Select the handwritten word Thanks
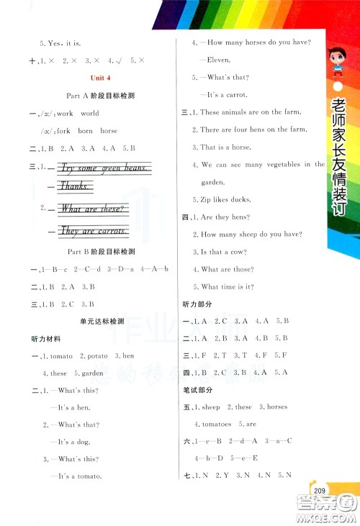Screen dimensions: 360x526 click(x=74, y=186)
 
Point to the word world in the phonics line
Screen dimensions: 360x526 click(x=90, y=114)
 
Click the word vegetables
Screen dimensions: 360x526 click(x=276, y=164)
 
